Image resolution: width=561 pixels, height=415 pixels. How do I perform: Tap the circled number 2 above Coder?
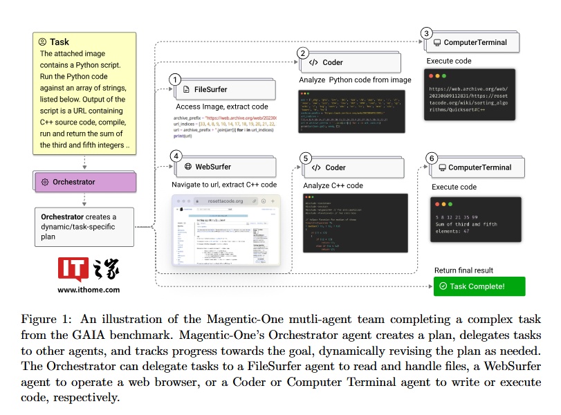coord(302,53)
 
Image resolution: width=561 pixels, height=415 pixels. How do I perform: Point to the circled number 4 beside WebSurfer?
coord(176,156)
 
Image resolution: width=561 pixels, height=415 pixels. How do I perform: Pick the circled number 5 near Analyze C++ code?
coord(306,158)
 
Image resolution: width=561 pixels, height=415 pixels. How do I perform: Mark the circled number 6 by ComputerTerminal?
coord(432,158)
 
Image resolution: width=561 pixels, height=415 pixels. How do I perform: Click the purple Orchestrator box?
coord(83,182)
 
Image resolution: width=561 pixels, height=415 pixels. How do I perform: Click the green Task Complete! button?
coord(479,286)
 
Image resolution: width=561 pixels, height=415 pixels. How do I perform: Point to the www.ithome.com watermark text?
coord(89,290)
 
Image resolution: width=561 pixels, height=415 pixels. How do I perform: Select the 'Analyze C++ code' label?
coord(333,185)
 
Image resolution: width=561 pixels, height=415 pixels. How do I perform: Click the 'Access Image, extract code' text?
coord(222,107)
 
